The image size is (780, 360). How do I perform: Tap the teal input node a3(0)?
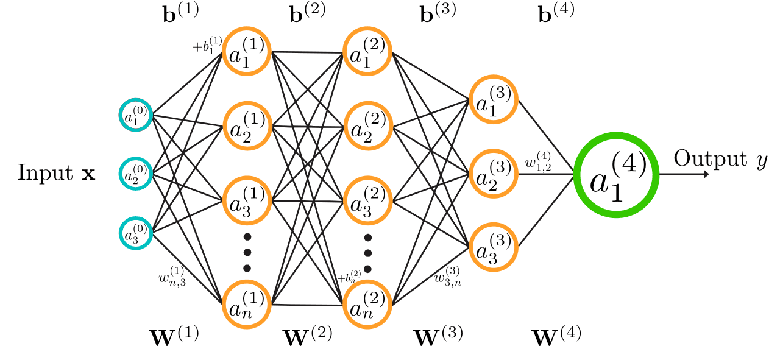135,232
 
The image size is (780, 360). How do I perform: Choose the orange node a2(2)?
367,127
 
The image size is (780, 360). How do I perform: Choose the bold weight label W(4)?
556,335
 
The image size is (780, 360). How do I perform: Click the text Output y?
719,160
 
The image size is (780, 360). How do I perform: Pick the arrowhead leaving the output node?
706,174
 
